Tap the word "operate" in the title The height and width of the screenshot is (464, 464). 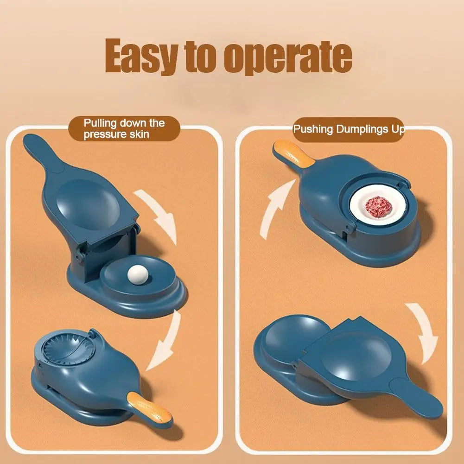click(288, 57)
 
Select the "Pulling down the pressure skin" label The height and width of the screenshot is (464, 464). click(124, 129)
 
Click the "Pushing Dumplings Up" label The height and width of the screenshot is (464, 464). click(349, 129)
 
